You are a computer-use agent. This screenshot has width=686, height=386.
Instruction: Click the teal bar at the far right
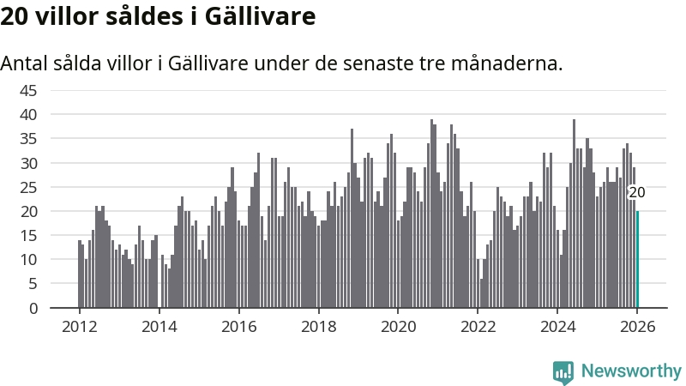(637, 259)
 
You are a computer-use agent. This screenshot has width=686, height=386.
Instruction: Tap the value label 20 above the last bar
(637, 192)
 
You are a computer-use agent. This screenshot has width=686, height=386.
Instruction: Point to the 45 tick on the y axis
(28, 90)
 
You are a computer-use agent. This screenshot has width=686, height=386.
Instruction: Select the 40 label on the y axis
(28, 114)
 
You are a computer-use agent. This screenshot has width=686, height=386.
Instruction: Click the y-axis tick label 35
(28, 138)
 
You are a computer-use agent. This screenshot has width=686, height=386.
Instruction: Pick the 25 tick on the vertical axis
(28, 187)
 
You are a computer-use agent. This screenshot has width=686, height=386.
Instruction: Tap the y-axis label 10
(28, 259)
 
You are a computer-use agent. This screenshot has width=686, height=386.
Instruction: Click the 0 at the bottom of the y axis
(33, 308)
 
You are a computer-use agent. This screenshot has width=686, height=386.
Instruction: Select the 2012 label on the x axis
(79, 326)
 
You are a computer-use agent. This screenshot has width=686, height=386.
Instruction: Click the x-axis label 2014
(159, 326)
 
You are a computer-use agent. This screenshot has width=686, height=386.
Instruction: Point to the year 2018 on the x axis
(318, 326)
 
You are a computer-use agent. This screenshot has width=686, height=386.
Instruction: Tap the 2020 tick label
(398, 326)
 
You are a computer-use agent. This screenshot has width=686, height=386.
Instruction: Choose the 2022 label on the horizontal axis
(478, 326)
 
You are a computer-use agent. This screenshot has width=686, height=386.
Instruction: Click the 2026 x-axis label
(637, 326)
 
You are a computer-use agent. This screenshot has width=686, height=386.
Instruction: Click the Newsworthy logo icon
(563, 371)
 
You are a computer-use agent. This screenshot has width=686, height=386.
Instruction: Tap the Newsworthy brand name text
(631, 371)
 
